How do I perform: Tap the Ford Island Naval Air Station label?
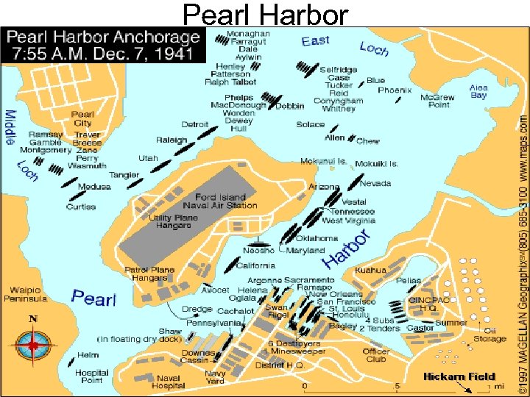click(226, 201)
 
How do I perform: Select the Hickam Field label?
click(459, 376)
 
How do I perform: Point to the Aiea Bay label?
click(478, 91)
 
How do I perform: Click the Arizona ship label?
click(324, 187)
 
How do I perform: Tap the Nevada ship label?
click(375, 183)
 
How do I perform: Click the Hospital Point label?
click(92, 376)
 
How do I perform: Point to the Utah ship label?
click(148, 158)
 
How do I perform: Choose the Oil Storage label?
click(490, 335)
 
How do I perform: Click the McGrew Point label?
click(437, 101)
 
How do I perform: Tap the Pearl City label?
click(82, 118)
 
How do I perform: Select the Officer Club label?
click(376, 356)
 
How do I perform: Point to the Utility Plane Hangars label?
click(170, 221)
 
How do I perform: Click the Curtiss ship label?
click(80, 207)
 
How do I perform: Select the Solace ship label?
click(310, 124)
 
